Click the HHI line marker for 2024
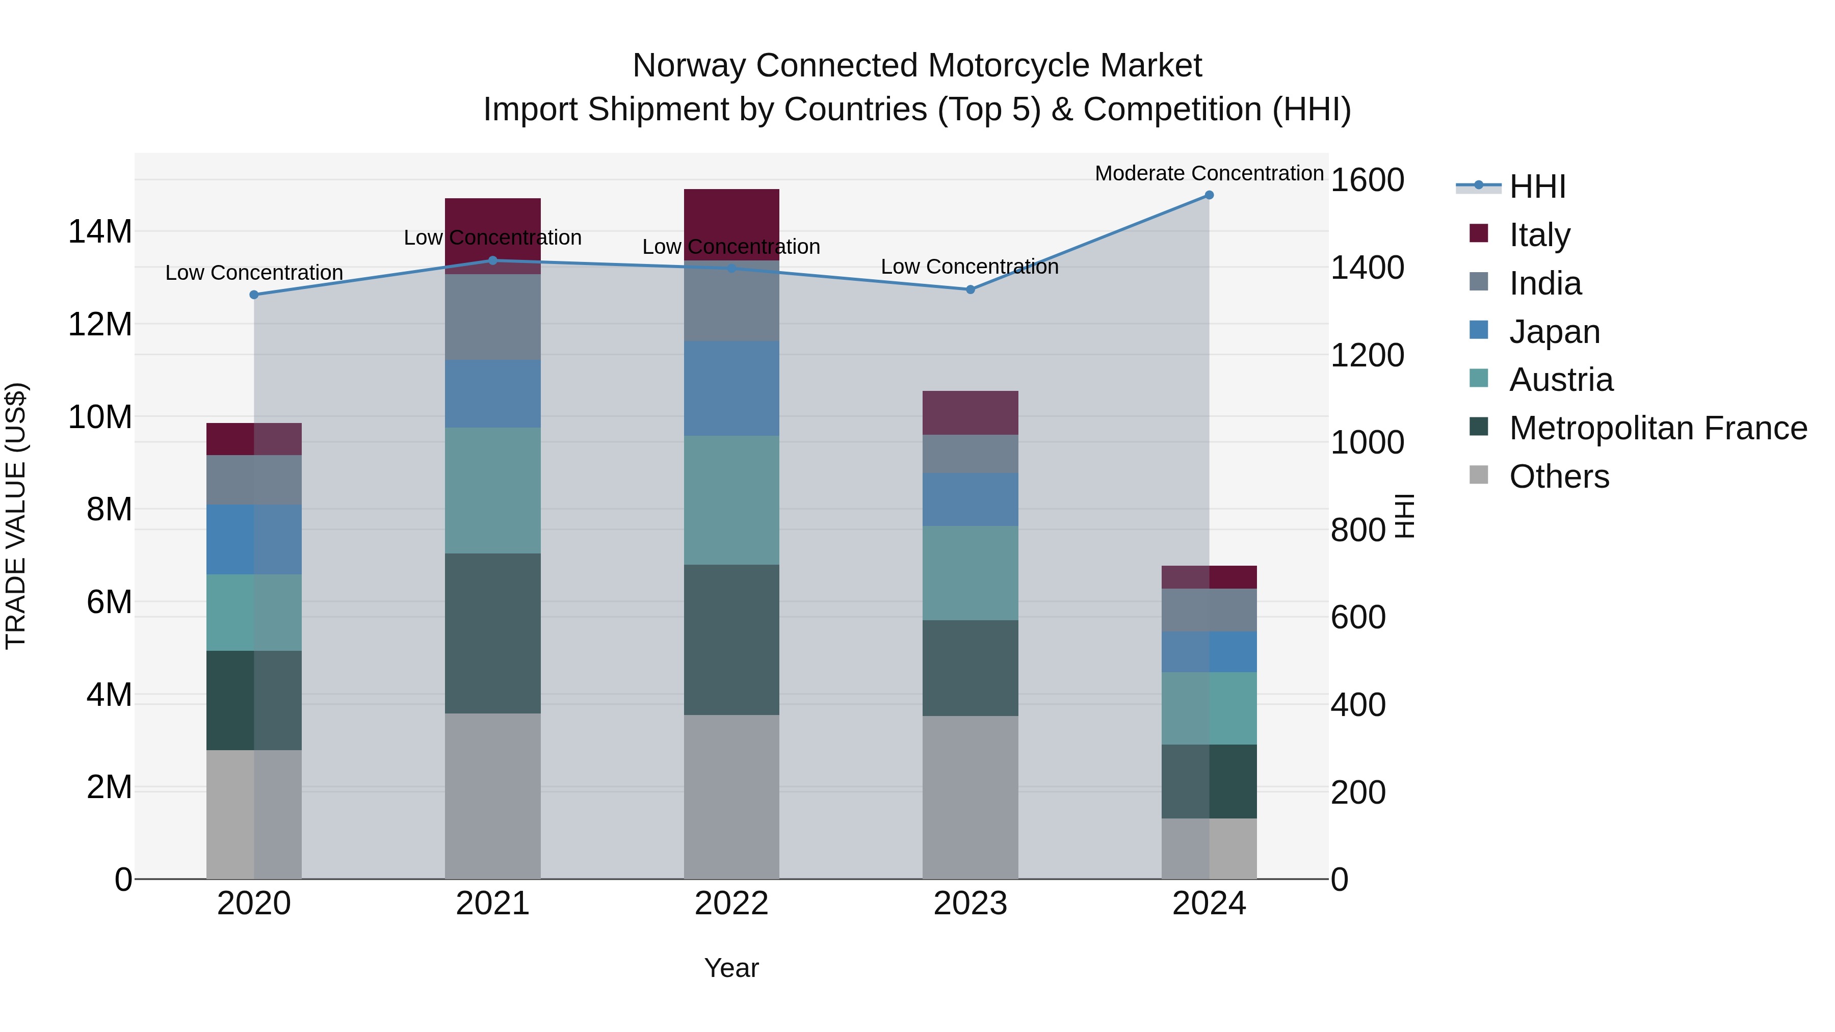[1209, 195]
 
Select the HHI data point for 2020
[254, 295]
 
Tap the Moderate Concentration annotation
[1209, 173]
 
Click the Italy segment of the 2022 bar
[731, 224]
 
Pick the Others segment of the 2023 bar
[970, 797]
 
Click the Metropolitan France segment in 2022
[731, 640]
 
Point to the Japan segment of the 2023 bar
[970, 499]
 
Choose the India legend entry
[1545, 283]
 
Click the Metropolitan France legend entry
[1658, 428]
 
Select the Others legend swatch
[1479, 475]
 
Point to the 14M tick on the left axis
[100, 232]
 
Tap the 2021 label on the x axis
[493, 904]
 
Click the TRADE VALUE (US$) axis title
[16, 516]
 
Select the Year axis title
[731, 968]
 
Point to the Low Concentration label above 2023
[969, 267]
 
